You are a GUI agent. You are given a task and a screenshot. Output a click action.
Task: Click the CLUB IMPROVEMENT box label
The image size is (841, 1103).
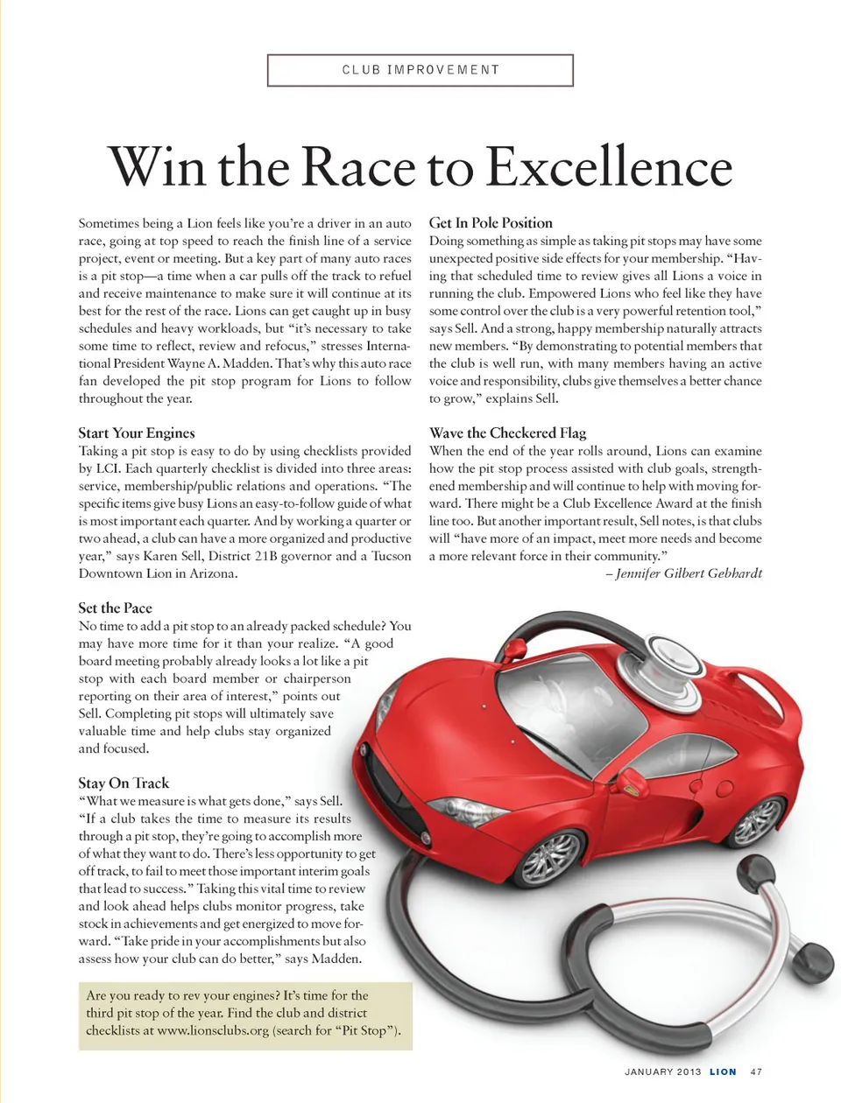tap(420, 70)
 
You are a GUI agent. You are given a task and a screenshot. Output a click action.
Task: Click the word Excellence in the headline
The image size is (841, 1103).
tap(609, 166)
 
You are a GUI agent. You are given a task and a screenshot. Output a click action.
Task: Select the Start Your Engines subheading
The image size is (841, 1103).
tap(137, 433)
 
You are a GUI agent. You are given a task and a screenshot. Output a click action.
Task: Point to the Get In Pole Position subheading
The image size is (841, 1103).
tap(491, 223)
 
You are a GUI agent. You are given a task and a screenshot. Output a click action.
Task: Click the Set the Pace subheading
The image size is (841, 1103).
tap(115, 608)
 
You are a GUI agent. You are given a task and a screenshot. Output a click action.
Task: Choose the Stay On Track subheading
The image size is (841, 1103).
tap(124, 783)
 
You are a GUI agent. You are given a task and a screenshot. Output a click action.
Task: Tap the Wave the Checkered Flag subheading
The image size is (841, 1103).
tap(508, 433)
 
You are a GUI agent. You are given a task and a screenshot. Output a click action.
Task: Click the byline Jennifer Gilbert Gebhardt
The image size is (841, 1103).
tap(689, 573)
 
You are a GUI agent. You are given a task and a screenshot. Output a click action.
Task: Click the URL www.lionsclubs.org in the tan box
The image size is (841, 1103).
tap(213, 1030)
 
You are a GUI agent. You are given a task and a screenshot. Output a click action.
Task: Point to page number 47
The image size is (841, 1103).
tap(756, 1071)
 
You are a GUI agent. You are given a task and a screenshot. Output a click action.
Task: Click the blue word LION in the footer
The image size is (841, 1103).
tap(723, 1071)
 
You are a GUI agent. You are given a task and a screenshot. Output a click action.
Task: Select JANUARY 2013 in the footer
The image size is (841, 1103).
tap(662, 1071)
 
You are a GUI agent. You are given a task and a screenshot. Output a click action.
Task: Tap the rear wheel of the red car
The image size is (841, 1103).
tap(759, 820)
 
